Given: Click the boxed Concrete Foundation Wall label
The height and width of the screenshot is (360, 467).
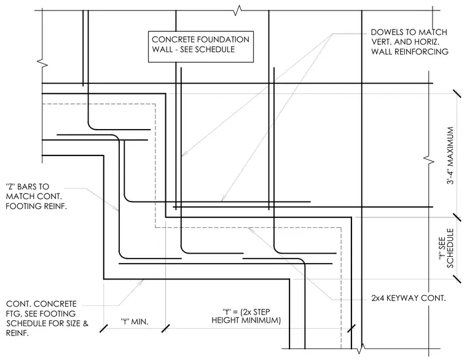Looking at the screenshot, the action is tap(201, 47).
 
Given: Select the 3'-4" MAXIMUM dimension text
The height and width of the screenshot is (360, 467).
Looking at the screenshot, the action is tap(450, 155).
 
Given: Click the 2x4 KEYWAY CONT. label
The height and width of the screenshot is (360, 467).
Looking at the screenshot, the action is tap(409, 298).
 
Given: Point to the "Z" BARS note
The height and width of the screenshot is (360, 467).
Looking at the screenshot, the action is tap(36, 196).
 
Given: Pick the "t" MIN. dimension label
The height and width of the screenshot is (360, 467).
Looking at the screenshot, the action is tap(135, 321).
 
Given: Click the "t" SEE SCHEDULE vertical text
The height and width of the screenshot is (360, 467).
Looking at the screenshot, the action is tap(446, 248).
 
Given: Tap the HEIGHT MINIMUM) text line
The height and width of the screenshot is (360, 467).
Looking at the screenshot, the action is tap(246, 321).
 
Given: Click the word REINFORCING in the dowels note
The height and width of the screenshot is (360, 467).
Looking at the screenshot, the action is tap(423, 52).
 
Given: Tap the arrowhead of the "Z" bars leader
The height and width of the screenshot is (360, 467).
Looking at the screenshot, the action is tap(117, 208).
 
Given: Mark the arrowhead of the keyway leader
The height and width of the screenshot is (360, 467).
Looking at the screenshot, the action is tap(251, 229).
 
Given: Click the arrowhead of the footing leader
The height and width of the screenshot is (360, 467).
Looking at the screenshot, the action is tap(141, 281).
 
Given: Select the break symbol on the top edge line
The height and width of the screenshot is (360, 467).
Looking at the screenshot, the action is tap(237, 10).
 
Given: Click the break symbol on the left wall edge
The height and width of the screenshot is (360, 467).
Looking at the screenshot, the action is tap(42, 63).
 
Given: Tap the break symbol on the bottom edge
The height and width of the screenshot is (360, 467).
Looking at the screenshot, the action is tap(360, 348).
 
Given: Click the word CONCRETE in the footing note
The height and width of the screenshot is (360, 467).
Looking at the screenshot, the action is tap(55, 304).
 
